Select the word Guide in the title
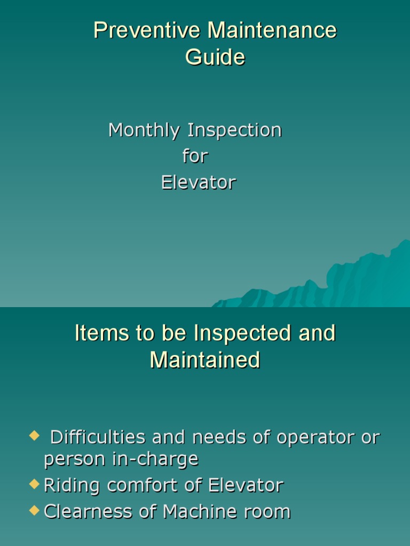coord(215,57)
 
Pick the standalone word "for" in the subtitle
coord(195,156)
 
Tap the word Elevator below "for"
coord(199,183)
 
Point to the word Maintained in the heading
coord(205,360)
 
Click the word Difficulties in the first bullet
coord(97,438)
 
